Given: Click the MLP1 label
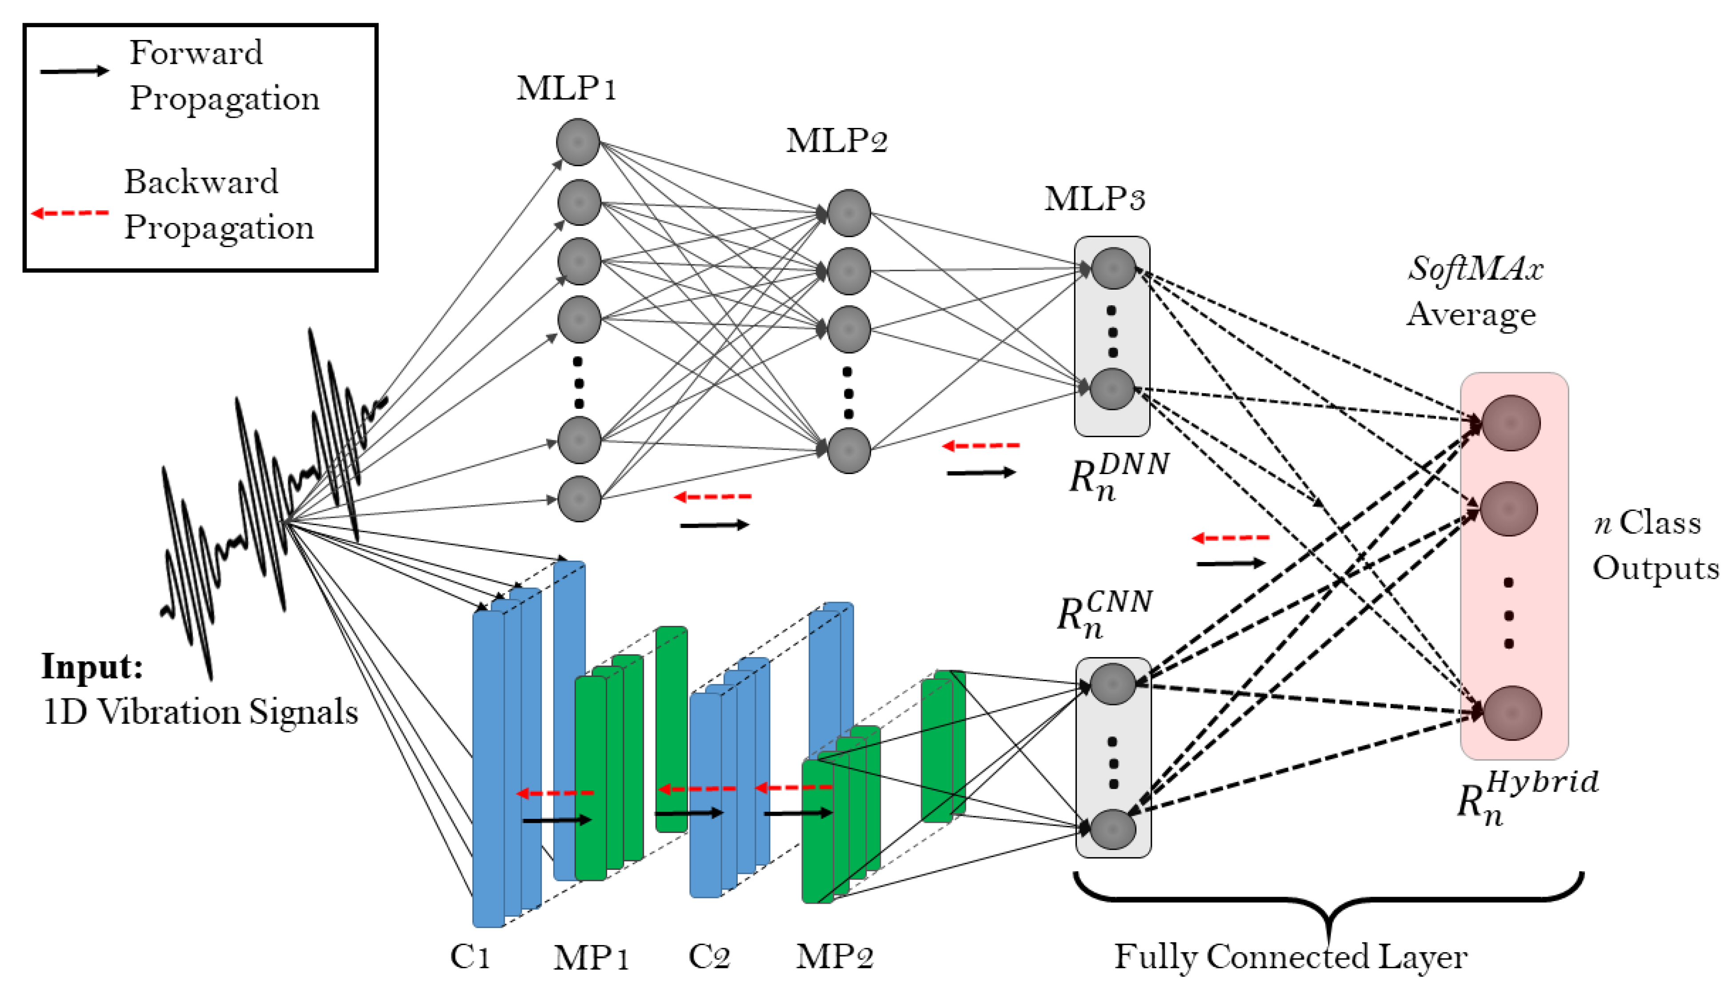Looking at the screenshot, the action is (566, 88).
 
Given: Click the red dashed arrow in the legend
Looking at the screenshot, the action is (70, 213).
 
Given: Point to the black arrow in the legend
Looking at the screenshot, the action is (74, 71).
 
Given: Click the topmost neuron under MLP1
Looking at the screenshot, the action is (578, 142).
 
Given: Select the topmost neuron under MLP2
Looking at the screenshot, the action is (849, 213).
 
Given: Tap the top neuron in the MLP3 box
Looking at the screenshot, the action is (1113, 268).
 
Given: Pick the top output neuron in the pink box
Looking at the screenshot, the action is (1511, 423).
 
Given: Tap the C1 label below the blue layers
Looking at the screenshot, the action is (471, 957).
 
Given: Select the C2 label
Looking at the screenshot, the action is (709, 957).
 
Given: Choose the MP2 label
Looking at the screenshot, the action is (835, 957).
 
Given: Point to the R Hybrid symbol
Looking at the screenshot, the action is (1527, 798).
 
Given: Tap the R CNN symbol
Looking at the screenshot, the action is (1104, 614).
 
